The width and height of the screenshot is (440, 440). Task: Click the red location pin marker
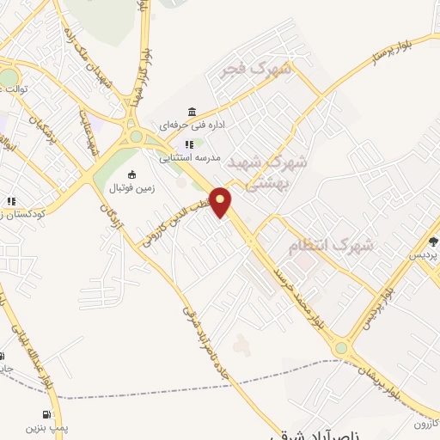coord(221,202)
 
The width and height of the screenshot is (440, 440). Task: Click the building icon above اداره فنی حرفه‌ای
coord(191,112)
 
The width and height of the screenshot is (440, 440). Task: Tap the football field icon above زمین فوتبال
coord(131,174)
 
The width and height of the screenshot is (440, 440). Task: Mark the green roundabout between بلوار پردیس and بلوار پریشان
coord(342,348)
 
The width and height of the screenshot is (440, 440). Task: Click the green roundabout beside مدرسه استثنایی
coord(134,137)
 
